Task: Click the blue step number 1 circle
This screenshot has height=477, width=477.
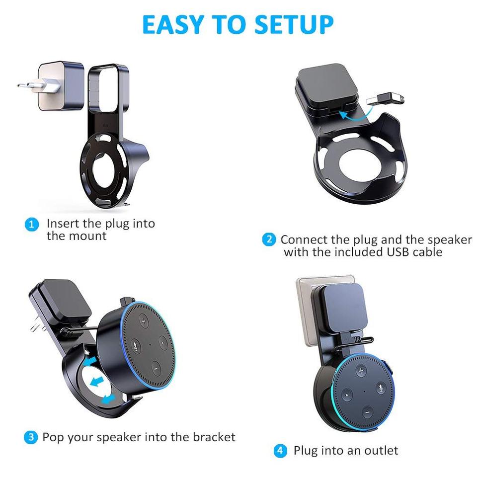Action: (x=31, y=225)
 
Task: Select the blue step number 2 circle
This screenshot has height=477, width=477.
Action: (x=269, y=239)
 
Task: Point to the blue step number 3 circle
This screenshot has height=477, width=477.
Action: (x=31, y=437)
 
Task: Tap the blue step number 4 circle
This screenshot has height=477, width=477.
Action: (x=280, y=451)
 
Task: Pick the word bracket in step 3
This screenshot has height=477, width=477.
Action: (x=214, y=437)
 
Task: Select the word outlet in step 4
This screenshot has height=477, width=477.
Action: (x=381, y=451)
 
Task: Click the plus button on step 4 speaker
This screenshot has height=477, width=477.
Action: (x=361, y=371)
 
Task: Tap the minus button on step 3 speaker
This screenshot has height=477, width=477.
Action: (x=156, y=369)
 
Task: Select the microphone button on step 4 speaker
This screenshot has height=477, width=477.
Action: (x=381, y=388)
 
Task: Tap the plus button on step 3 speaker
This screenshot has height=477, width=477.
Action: (x=144, y=321)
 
